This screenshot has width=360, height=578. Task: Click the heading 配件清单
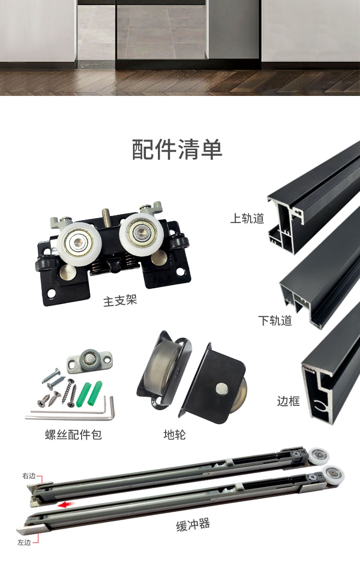coord(177,149)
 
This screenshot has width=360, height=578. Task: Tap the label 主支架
coord(120,300)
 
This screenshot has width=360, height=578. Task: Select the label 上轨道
coord(247,218)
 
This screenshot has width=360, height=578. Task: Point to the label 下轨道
coord(275,320)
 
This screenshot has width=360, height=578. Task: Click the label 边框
coord(288,401)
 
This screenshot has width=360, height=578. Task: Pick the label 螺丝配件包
coord(73,435)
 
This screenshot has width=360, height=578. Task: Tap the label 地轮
coord(175,435)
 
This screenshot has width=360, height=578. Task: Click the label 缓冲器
coord(193,525)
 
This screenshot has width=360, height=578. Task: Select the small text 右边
coord(29,475)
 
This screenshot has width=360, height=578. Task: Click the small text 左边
coord(24,543)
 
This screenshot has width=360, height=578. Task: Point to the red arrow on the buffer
coord(66,505)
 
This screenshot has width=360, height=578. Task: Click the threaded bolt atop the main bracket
coord(106,217)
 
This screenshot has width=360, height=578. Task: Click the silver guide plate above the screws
coord(90,361)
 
